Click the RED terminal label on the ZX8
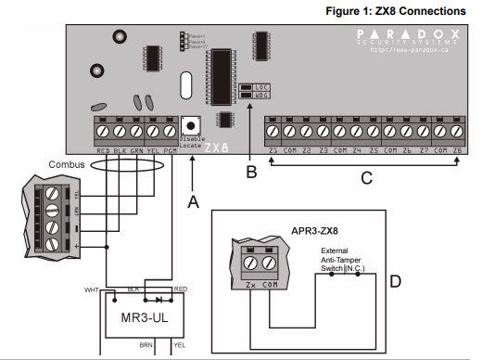coord(104,148)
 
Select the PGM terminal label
coord(170,148)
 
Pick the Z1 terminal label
coord(273,148)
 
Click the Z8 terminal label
coord(456,148)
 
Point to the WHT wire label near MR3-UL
coord(91,289)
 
